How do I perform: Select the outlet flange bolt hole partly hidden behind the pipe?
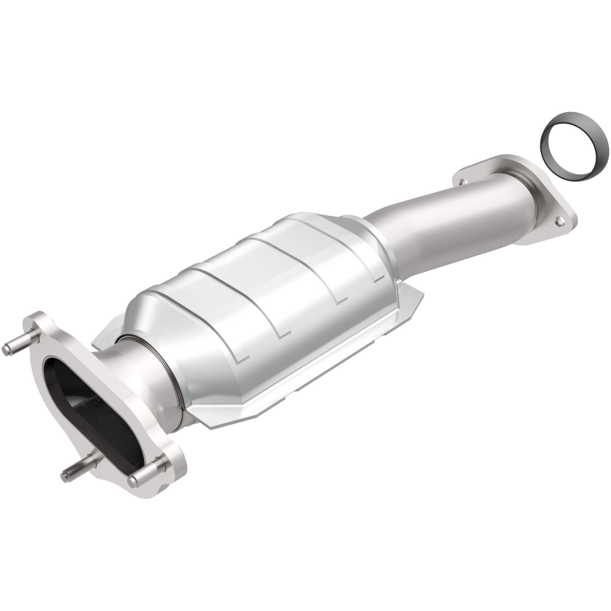(x=462, y=182)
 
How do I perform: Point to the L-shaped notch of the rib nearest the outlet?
(x=378, y=278)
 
